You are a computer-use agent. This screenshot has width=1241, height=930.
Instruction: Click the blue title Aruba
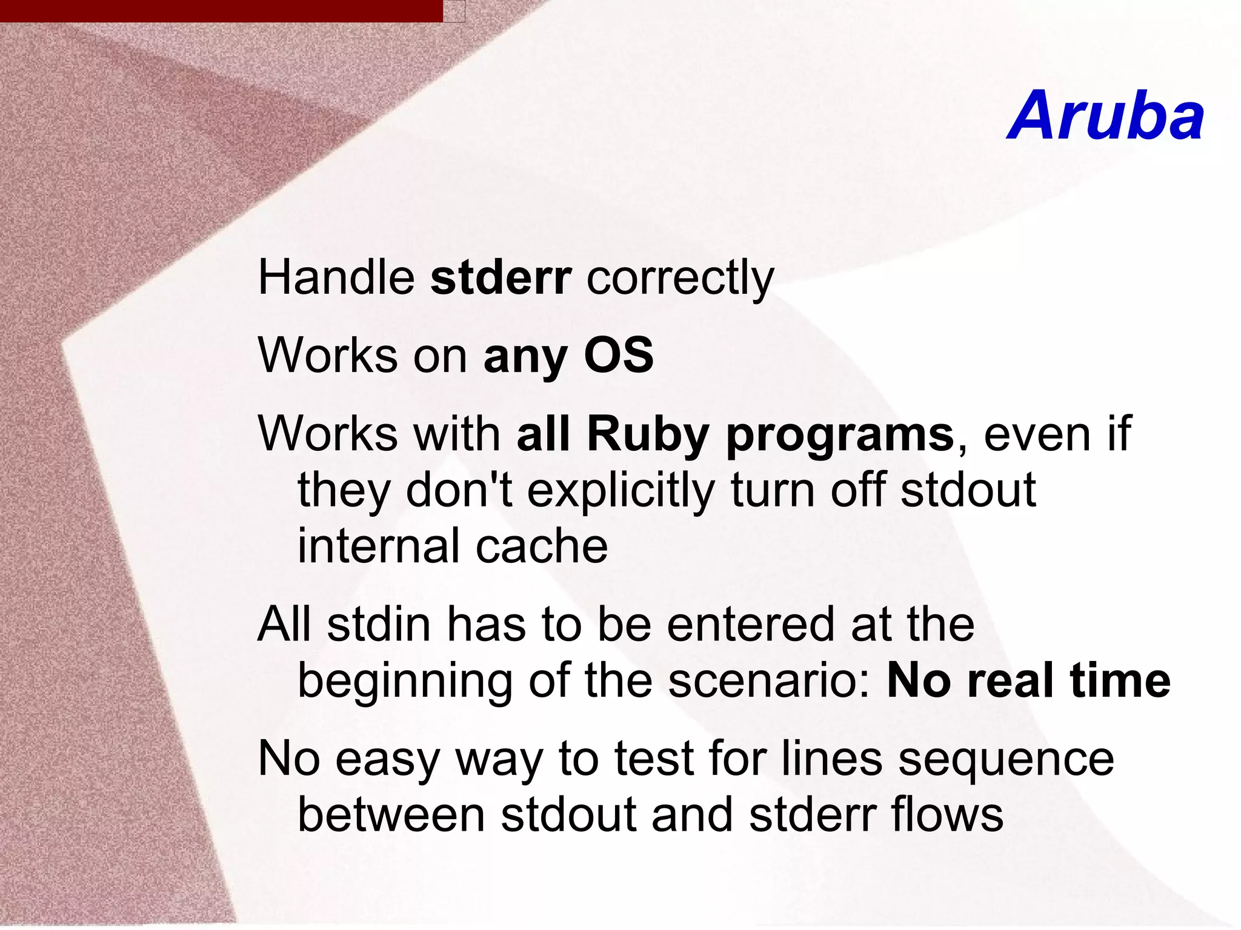coord(1106,116)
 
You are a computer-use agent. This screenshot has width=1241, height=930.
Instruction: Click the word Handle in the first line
coord(336,277)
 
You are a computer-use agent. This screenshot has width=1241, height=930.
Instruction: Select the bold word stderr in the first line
coord(501,277)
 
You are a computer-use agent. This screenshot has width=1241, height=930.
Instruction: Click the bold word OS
coord(619,355)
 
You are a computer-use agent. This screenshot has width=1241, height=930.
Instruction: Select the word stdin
coord(379,624)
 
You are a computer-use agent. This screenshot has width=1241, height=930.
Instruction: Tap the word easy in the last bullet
coord(387,760)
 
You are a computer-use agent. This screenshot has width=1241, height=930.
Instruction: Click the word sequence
coord(1005,760)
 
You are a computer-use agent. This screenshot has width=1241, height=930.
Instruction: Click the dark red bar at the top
coord(221,10)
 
